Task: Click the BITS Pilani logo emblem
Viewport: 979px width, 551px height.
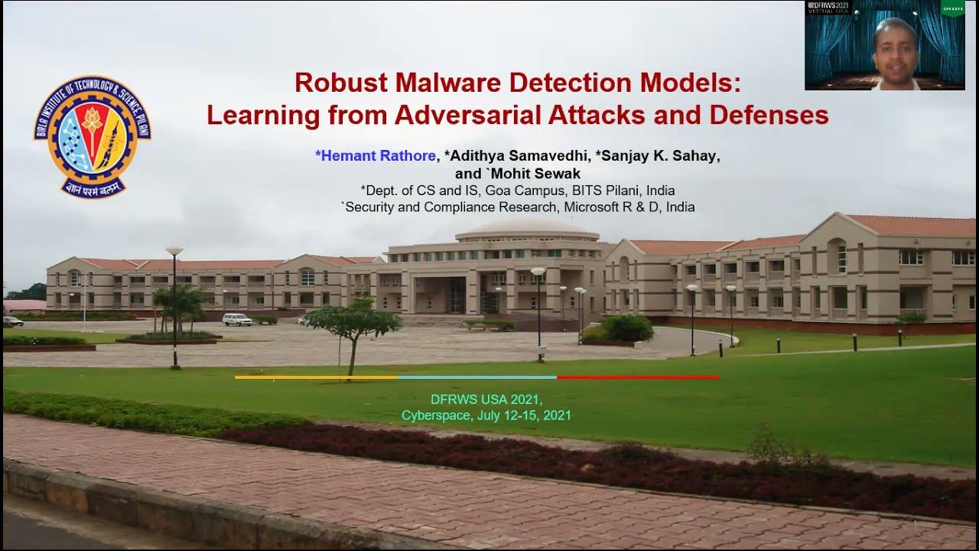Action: pyautogui.click(x=92, y=136)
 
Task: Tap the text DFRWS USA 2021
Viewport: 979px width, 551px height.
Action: pyautogui.click(x=486, y=399)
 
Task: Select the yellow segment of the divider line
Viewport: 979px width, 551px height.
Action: pyautogui.click(x=316, y=377)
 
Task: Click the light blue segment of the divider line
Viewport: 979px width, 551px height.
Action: pyautogui.click(x=477, y=377)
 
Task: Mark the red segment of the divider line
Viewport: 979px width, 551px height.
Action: pyautogui.click(x=638, y=377)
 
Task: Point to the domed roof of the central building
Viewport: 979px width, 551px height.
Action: pyautogui.click(x=528, y=228)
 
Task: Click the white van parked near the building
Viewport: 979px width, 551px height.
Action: pyautogui.click(x=237, y=319)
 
